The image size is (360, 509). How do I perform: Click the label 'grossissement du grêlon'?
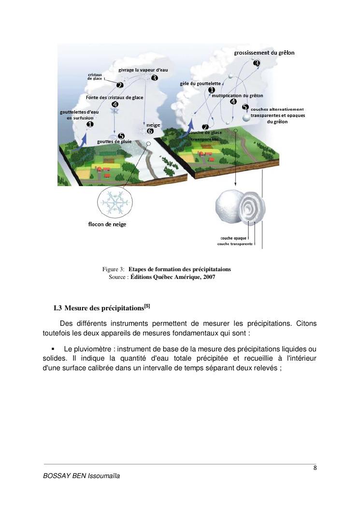(x=264, y=53)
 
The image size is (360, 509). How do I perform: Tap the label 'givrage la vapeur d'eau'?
(x=144, y=70)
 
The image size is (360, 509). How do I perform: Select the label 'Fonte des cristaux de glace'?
(x=115, y=97)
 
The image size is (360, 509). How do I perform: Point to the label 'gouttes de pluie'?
(x=115, y=142)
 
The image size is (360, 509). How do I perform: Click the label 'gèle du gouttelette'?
(x=200, y=83)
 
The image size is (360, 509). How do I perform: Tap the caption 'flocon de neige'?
(x=107, y=224)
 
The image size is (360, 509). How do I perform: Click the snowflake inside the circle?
(x=116, y=202)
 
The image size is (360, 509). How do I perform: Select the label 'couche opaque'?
(x=234, y=238)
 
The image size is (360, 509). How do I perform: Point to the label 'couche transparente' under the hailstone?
(x=235, y=244)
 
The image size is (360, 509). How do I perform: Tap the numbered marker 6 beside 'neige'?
(x=150, y=131)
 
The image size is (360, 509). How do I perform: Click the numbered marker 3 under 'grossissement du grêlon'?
(x=256, y=63)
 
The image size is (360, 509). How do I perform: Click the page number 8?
(x=315, y=467)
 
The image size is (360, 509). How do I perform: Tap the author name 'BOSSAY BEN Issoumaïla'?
(x=81, y=476)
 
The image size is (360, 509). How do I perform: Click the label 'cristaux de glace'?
(x=95, y=76)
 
